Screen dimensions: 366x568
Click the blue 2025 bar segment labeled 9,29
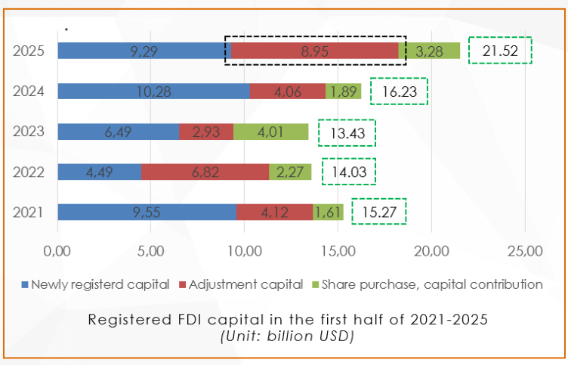click(x=144, y=51)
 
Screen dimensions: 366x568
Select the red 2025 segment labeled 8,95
click(x=314, y=51)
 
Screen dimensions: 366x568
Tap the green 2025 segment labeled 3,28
click(x=429, y=51)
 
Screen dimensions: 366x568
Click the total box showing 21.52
click(x=500, y=51)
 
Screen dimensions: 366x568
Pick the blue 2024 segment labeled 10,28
click(x=153, y=91)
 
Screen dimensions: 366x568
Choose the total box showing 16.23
click(x=400, y=91)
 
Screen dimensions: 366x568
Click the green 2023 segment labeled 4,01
click(x=270, y=132)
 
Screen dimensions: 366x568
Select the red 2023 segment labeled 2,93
click(x=206, y=132)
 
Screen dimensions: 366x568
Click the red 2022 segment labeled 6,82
click(x=205, y=172)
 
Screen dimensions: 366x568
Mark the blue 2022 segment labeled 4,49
click(x=99, y=172)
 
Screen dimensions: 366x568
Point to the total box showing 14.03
click(x=349, y=172)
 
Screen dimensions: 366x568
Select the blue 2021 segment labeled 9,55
click(x=147, y=212)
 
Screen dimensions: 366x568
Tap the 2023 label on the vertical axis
click(x=29, y=132)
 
